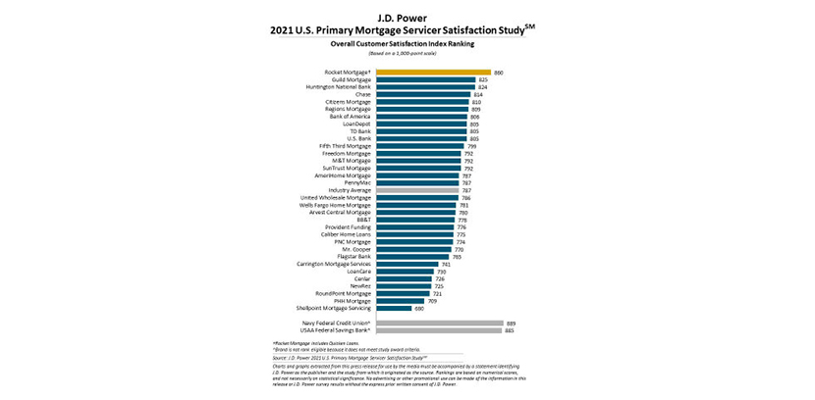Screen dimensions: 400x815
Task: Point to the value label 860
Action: coord(498,72)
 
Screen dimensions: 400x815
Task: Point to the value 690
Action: coord(419,307)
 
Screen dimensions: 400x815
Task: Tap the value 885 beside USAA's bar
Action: coord(510,329)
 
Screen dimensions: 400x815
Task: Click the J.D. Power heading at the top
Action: coord(407,17)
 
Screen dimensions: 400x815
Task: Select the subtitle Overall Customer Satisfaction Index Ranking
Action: coord(407,43)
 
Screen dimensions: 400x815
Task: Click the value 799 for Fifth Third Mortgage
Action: coord(470,145)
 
